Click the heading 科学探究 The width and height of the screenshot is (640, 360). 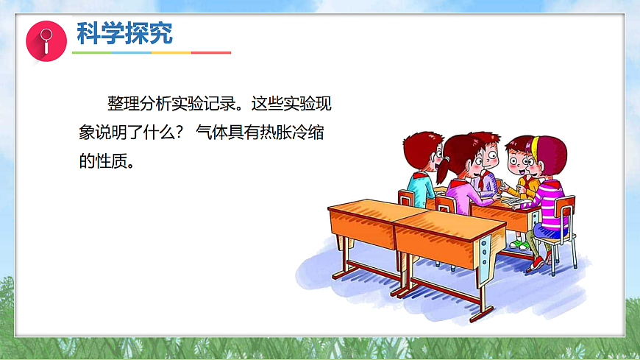[125, 33]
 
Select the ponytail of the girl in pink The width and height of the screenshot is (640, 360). [443, 171]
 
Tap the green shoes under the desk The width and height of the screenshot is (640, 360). [520, 244]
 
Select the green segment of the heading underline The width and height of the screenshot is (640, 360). [92, 52]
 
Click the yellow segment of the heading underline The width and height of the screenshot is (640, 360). [171, 52]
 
